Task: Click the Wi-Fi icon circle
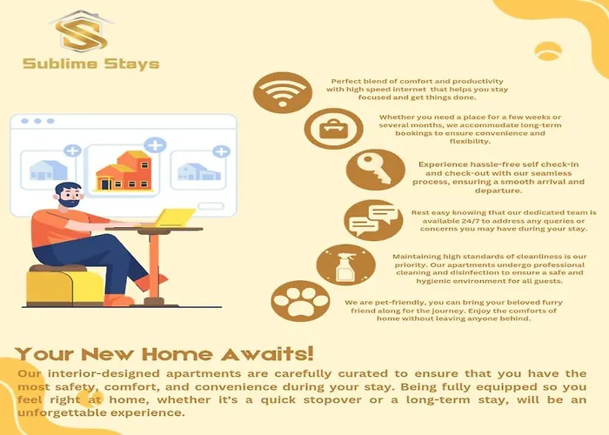pos(283,92)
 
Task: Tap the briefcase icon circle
pos(333,129)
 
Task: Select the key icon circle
pos(375,170)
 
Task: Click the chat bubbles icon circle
pos(373,220)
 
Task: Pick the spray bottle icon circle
pos(345,264)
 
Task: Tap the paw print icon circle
pos(300,301)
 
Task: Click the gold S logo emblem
pos(81,32)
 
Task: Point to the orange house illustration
pos(124,171)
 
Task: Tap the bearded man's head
pos(69,196)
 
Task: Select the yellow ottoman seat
pos(64,285)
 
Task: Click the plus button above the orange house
pos(155,145)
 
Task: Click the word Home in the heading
pos(177,354)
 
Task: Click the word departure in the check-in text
pos(499,191)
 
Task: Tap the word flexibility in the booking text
pos(470,141)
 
